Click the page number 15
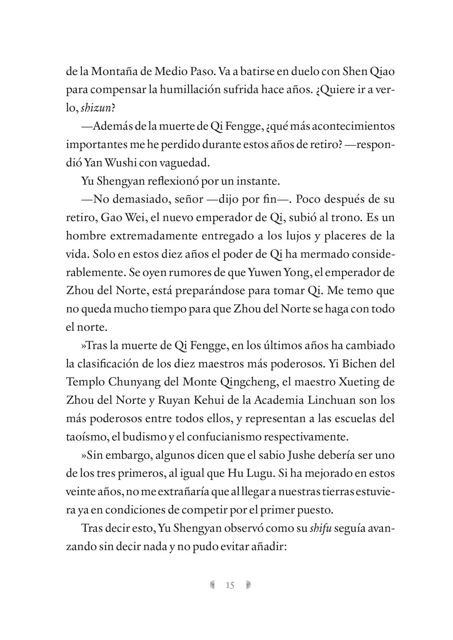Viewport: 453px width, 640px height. click(230, 585)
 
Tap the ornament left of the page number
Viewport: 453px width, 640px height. click(212, 585)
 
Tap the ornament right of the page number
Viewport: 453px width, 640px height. click(248, 585)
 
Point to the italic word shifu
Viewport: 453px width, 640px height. click(320, 529)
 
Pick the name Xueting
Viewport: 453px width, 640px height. click(354, 382)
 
